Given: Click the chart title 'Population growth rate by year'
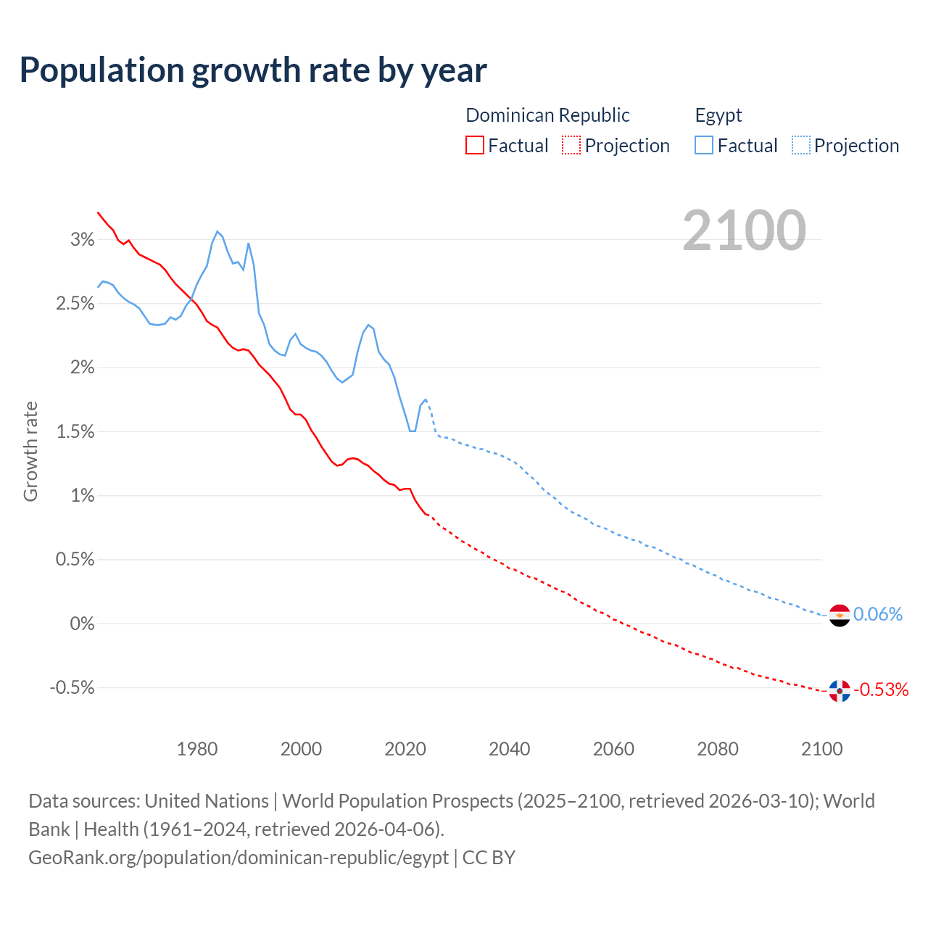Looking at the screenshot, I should click(x=253, y=70).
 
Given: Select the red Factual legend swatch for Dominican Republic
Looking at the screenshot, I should click(x=475, y=145).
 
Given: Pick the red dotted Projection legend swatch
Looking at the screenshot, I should click(x=571, y=145).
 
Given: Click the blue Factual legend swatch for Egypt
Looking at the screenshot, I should click(x=704, y=145).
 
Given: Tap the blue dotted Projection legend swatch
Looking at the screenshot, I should click(x=801, y=145).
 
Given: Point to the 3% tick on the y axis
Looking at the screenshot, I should click(x=83, y=240).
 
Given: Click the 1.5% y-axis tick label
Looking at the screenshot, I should click(x=75, y=432).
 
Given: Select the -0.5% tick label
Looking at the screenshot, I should click(x=72, y=687).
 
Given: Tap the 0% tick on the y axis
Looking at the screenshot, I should click(x=83, y=623).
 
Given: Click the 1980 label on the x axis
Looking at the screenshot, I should click(x=197, y=749).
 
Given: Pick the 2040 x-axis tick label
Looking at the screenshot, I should click(x=509, y=749).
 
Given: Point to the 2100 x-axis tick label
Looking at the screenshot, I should click(x=821, y=749).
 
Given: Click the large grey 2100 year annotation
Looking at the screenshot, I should click(x=744, y=231).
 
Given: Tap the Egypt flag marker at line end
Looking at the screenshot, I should click(x=839, y=616).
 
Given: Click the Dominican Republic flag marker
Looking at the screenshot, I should click(x=839, y=691).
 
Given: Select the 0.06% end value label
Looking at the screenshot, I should click(x=878, y=615).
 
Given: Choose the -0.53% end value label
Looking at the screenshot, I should click(x=881, y=689).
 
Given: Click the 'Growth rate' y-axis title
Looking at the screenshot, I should click(x=30, y=451).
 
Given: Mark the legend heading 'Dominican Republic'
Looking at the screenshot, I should click(x=547, y=115).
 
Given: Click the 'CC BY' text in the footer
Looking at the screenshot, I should click(x=489, y=858).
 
